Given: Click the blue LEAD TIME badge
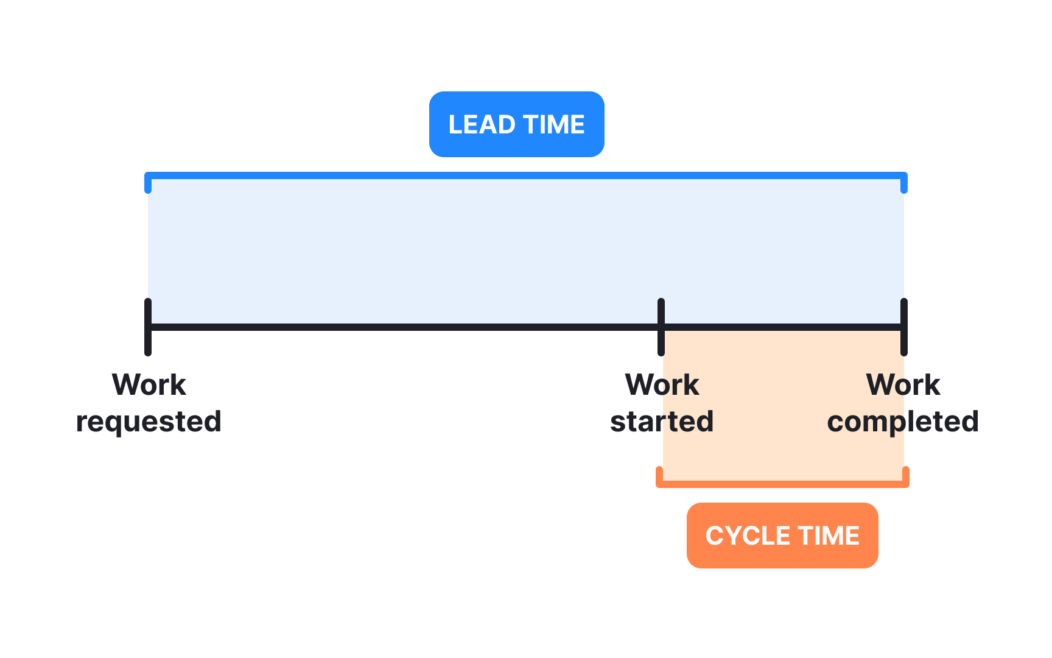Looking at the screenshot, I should pyautogui.click(x=516, y=124).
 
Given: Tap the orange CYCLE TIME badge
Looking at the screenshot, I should pyautogui.click(x=782, y=536).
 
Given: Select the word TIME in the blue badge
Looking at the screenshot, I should pyautogui.click(x=553, y=124).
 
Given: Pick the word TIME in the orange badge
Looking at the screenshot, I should pyautogui.click(x=829, y=536).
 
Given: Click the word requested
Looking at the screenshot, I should pyautogui.click(x=149, y=422).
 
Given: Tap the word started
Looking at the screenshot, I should pyautogui.click(x=662, y=422).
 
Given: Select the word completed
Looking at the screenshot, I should pyautogui.click(x=903, y=422).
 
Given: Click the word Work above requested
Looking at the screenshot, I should pyautogui.click(x=149, y=384).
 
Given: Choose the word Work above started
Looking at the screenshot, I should pyautogui.click(x=662, y=384).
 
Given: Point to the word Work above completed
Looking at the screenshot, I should pyautogui.click(x=903, y=384).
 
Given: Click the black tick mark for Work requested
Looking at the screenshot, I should pyautogui.click(x=148, y=327).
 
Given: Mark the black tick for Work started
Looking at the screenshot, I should pyautogui.click(x=661, y=327).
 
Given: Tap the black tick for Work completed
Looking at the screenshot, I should pyautogui.click(x=904, y=327).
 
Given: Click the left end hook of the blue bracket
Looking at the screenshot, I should pyautogui.click(x=148, y=185).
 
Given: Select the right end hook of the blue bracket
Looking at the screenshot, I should pyautogui.click(x=904, y=185).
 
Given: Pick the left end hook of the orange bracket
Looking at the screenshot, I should pyautogui.click(x=659, y=476).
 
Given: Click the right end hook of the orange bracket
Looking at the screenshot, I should pyautogui.click(x=906, y=476).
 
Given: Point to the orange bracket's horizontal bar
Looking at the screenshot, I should pyautogui.click(x=782, y=484).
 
